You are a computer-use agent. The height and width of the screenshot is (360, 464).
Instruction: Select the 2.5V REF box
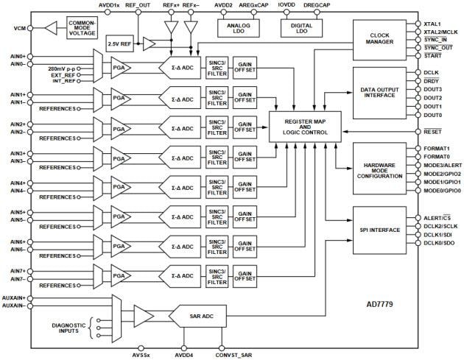[x=119, y=43]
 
